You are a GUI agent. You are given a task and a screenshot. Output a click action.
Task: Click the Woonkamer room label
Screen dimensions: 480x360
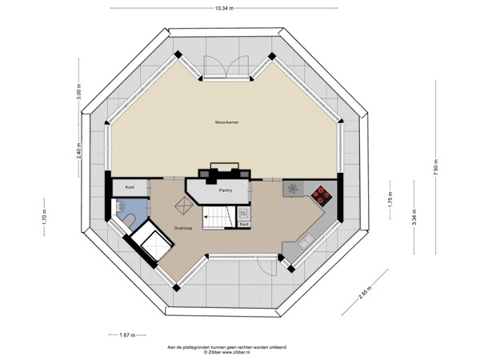coord(226,122)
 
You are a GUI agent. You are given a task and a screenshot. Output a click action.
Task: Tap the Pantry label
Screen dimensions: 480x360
coord(226,190)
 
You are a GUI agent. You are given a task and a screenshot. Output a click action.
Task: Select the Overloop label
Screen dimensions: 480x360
coord(183,228)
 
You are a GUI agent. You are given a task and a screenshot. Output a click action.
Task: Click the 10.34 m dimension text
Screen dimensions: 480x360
coord(224,9)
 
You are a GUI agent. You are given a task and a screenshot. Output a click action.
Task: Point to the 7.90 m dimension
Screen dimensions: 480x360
coord(436,167)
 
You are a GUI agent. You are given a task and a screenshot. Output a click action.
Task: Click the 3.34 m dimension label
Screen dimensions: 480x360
coord(414,217)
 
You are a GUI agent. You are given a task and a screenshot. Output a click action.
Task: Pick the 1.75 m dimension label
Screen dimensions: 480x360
coord(390,199)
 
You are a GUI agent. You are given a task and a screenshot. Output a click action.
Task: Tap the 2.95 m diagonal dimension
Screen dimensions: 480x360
coord(365,292)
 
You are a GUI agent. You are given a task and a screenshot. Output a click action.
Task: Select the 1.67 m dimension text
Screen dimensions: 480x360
coord(127,335)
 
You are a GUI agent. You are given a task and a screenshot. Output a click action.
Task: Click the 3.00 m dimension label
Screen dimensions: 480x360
coord(79,91)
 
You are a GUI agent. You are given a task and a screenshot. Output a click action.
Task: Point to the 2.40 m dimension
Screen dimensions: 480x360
coord(79,151)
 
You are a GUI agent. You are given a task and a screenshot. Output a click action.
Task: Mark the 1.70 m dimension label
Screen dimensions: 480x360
coord(44,218)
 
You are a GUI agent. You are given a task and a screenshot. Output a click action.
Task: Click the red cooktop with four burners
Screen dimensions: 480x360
coord(321,195)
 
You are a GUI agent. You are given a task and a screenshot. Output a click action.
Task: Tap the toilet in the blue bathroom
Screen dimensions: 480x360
coord(130,220)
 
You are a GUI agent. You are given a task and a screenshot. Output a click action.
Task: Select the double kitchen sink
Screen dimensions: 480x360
coord(306,241)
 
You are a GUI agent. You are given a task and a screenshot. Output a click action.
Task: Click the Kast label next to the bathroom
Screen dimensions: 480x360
coord(130,187)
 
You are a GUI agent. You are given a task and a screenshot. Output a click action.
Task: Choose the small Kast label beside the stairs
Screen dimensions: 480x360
coord(244,224)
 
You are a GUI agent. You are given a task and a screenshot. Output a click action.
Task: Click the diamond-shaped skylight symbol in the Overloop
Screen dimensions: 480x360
coord(184,206)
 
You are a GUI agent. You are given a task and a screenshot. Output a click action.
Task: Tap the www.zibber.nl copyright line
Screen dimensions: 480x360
coord(227,352)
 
